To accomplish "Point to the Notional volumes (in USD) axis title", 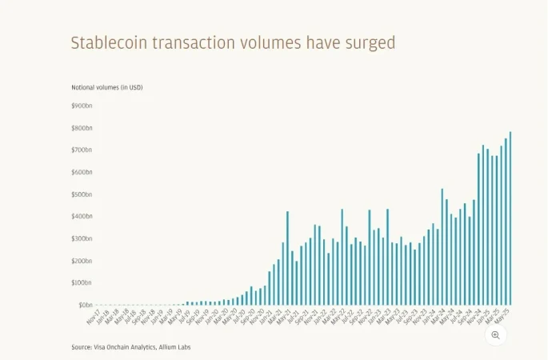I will pos(107,86).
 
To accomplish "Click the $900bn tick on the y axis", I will pos(82,106).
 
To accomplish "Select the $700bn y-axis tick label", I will pos(82,150).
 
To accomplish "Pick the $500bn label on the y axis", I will pos(82,194).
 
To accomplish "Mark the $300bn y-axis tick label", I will pos(82,239).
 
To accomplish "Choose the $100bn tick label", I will pos(82,283).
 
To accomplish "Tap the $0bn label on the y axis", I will pos(86,305).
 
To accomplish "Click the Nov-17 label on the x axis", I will pos(92,318).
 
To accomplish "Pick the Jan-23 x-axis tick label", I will pos(374,318).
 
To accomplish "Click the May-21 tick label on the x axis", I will pos(283,318).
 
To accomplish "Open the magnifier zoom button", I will pos(495,335).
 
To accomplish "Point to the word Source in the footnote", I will pos(81,347).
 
